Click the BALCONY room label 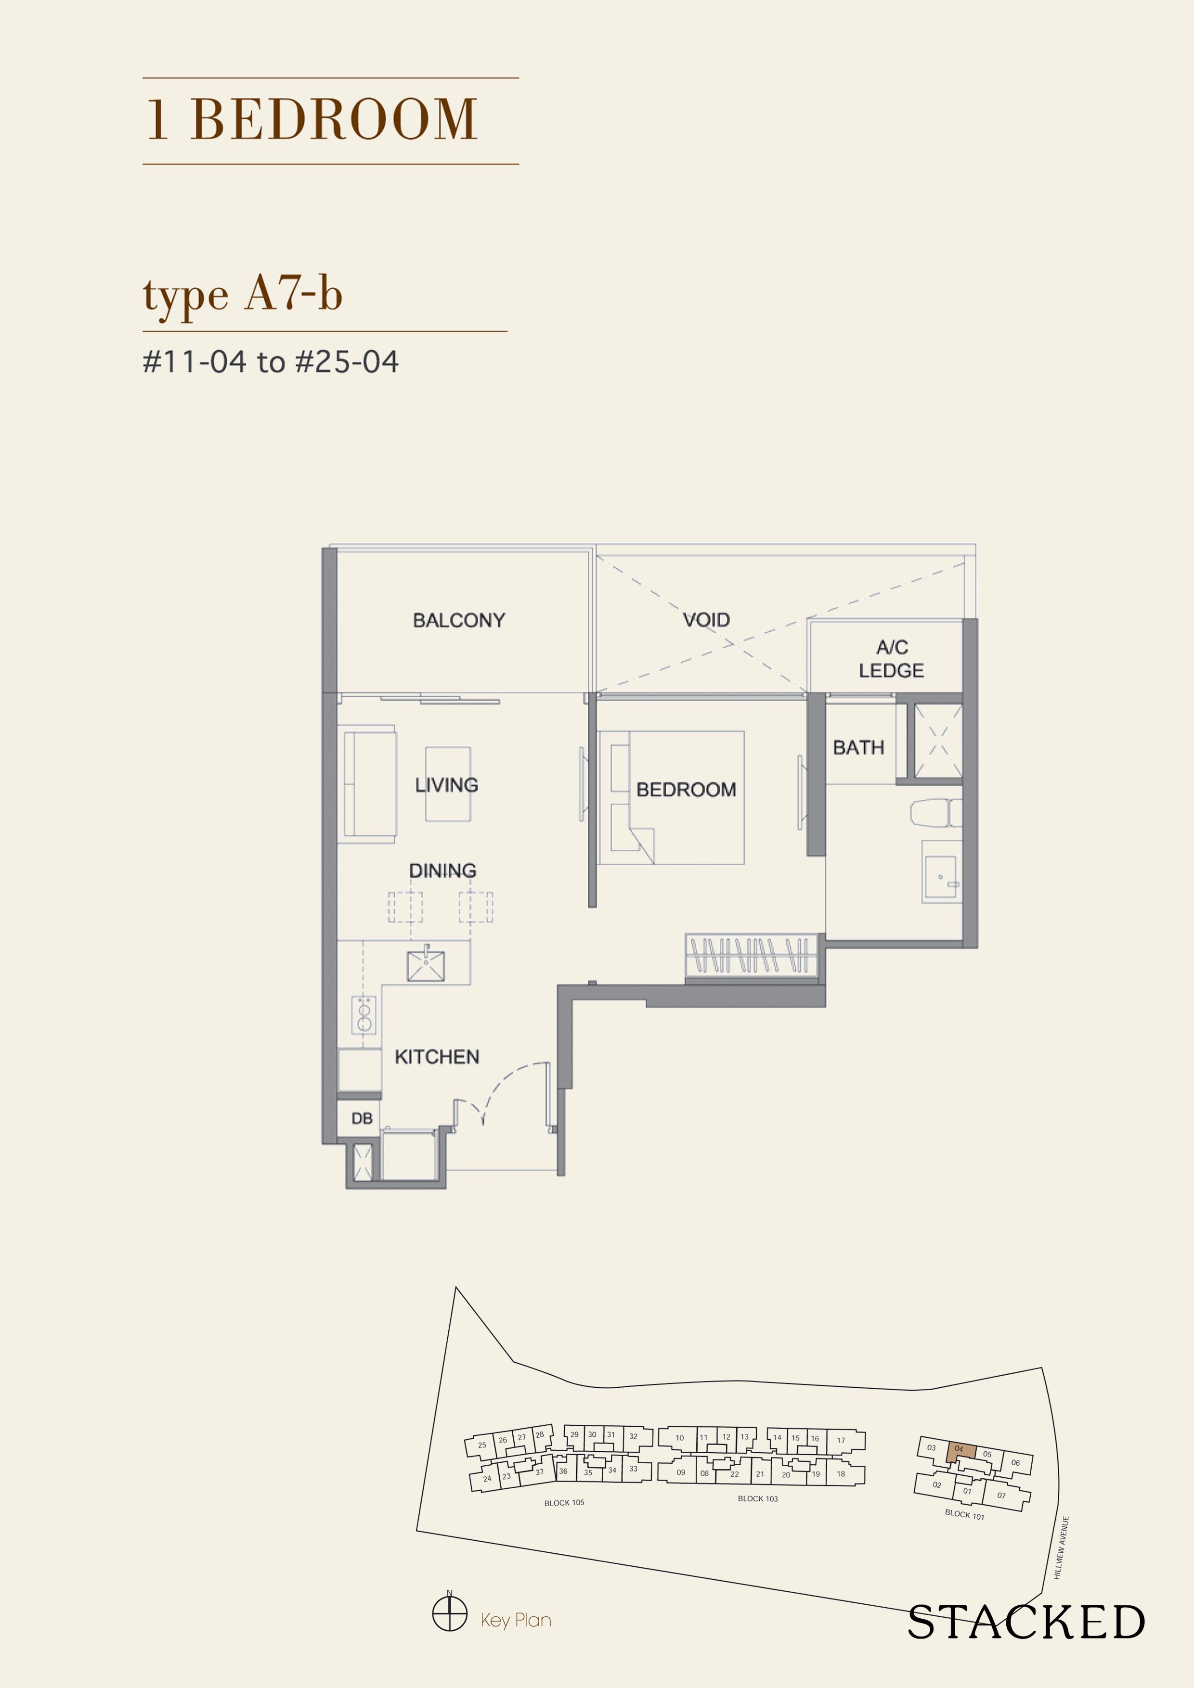(458, 621)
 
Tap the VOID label (706, 620)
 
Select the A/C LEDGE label (891, 659)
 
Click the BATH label (858, 748)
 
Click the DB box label (361, 1118)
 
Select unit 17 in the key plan (841, 1440)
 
